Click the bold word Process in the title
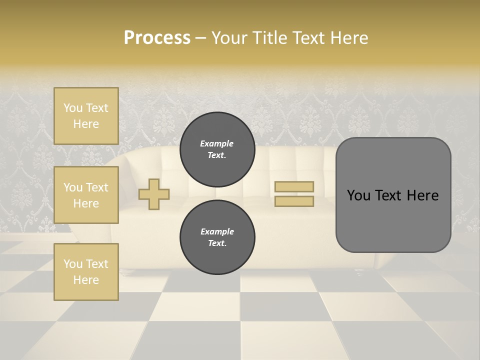click(157, 38)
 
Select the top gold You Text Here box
click(86, 116)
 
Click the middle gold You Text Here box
click(86, 195)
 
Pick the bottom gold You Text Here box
click(86, 271)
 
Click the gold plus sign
click(154, 194)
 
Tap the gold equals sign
click(294, 194)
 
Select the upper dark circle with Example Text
click(217, 149)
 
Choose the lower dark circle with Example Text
click(217, 237)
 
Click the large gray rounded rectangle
click(393, 195)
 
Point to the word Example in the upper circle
click(217, 143)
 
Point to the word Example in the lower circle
click(217, 231)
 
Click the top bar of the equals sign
click(294, 187)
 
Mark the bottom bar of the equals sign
click(294, 201)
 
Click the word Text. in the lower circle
click(217, 243)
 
